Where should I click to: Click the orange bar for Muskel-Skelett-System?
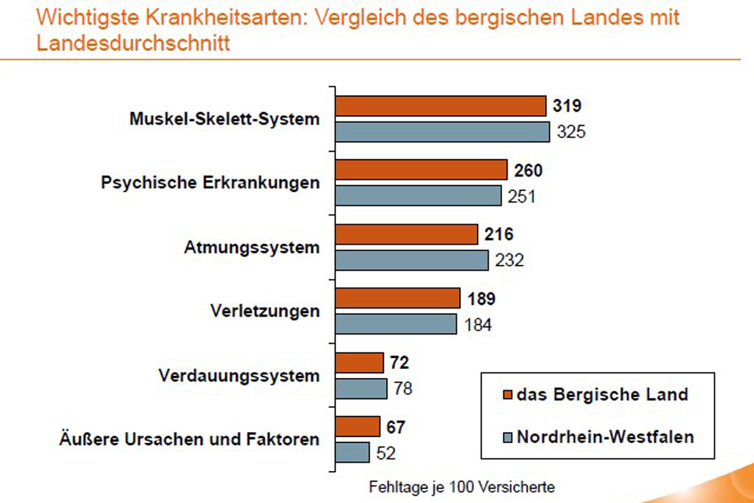pyautogui.click(x=440, y=106)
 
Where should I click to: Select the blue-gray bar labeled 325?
pyautogui.click(x=442, y=132)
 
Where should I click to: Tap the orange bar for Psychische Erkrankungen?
pyautogui.click(x=421, y=170)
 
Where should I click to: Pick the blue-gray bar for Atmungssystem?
pyautogui.click(x=412, y=260)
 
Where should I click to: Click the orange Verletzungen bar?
pyautogui.click(x=398, y=298)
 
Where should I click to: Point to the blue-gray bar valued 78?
pyautogui.click(x=361, y=389)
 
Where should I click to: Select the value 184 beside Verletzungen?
pyautogui.click(x=477, y=325)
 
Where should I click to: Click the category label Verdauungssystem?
pyautogui.click(x=239, y=376)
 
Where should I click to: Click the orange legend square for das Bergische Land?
pyautogui.click(x=507, y=395)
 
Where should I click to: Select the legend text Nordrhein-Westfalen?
pyautogui.click(x=605, y=436)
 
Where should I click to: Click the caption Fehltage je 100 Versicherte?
pyautogui.click(x=462, y=486)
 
